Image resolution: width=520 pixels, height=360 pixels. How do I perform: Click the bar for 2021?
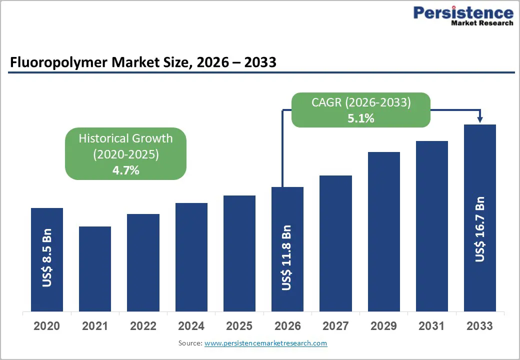coord(95,269)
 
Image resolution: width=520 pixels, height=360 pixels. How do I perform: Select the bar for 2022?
coord(143,262)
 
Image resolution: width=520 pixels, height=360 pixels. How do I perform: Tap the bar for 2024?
coord(191,257)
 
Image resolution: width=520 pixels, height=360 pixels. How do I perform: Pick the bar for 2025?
coord(239,253)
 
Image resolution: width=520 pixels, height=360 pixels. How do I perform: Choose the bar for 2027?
coord(335,243)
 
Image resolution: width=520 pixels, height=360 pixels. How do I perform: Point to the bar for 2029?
coord(384,231)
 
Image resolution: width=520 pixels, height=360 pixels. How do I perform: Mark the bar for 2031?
coord(432,226)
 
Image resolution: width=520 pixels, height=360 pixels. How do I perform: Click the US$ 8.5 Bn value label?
coord(47,258)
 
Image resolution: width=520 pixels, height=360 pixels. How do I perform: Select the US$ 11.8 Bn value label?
coord(287,258)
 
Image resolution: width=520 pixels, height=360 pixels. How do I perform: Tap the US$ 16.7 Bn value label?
coord(480,229)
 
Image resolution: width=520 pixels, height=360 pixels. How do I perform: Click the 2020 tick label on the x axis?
coord(46,326)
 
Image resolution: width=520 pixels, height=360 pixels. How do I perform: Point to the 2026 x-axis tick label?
coord(287,326)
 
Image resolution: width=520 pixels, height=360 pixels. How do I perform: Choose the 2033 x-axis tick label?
coord(480,326)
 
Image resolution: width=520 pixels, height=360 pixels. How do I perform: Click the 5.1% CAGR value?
coord(360,118)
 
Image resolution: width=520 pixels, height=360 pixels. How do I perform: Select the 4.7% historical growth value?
coord(125,170)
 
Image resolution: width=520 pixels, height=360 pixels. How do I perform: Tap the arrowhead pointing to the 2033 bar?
coord(480,119)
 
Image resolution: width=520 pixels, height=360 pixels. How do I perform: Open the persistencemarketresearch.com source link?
coord(265,343)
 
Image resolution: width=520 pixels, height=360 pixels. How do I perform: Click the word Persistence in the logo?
coord(463,12)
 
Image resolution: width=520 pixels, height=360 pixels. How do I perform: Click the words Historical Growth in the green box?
coord(125,138)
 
